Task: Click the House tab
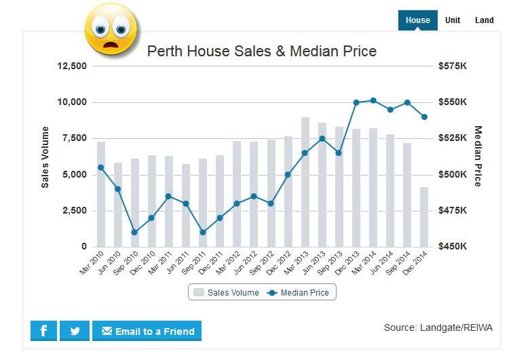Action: (417, 20)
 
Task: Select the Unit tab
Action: (453, 20)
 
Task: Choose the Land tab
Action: (484, 20)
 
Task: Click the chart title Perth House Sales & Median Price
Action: (262, 51)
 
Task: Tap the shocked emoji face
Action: (111, 29)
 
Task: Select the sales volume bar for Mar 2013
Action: (305, 182)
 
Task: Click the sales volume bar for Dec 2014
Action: (424, 216)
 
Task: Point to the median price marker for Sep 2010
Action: (134, 233)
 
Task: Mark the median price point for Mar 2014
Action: (373, 100)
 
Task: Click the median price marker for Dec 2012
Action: (288, 174)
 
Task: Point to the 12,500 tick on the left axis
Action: (71, 66)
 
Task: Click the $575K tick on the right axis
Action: (453, 66)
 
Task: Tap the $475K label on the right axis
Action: (453, 211)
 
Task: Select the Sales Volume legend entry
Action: (227, 293)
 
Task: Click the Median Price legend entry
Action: (299, 293)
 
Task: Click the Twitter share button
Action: (75, 331)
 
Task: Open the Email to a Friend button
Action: (147, 331)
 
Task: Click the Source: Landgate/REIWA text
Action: (438, 327)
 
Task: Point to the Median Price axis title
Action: (478, 156)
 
